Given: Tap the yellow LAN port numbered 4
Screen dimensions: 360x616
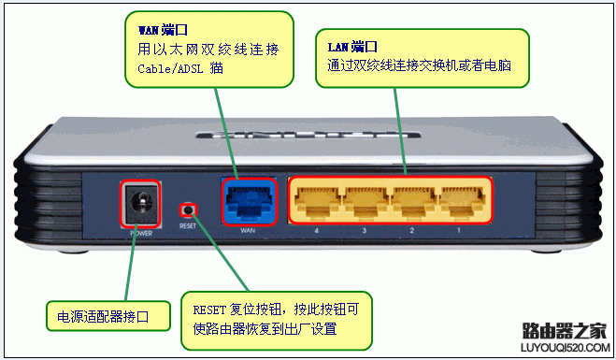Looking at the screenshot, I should click(x=316, y=198).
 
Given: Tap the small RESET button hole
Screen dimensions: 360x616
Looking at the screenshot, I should click(x=190, y=209).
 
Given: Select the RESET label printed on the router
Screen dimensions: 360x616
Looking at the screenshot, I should click(x=189, y=227).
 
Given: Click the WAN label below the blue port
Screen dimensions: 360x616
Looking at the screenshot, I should click(x=248, y=229).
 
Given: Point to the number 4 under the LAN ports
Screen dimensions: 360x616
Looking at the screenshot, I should click(x=316, y=229).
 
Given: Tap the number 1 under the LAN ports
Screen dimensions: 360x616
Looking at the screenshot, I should click(x=458, y=229).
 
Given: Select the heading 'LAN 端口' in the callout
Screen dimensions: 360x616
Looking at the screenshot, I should click(x=352, y=46).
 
